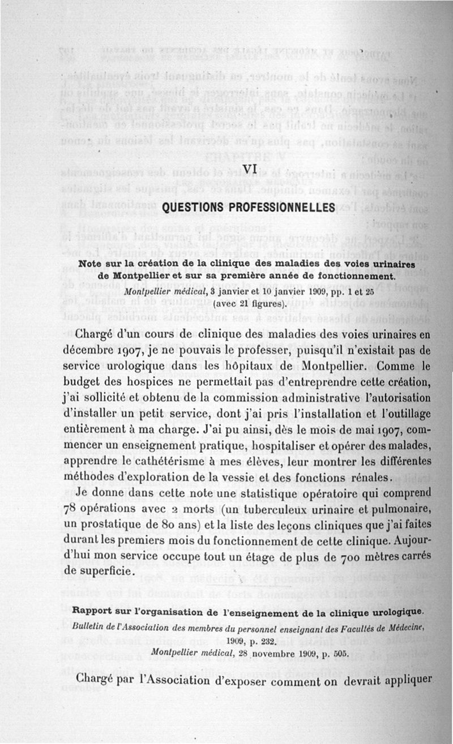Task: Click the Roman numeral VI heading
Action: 249,168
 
